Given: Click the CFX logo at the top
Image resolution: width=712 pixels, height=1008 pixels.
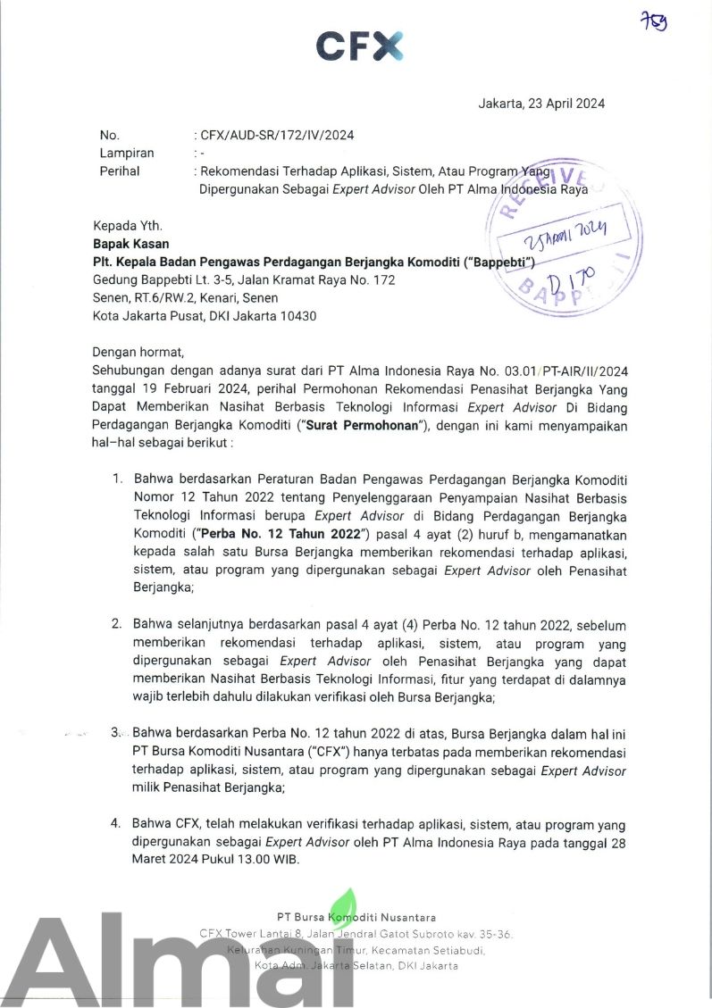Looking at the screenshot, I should click(359, 46).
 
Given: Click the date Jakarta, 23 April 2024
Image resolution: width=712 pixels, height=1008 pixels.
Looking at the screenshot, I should click(541, 104).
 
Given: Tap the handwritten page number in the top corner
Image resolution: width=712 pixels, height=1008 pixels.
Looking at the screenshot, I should click(655, 21).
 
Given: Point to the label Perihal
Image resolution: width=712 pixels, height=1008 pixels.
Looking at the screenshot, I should click(120, 171).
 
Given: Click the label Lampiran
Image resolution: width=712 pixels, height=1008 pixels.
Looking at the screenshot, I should click(126, 153).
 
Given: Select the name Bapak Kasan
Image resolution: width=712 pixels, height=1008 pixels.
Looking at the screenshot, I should click(130, 244).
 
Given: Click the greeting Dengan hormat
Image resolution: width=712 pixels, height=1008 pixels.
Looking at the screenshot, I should click(138, 352).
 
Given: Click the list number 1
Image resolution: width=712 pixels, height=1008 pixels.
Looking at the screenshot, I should click(116, 479).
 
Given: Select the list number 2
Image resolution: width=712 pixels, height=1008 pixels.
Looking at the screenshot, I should click(116, 623).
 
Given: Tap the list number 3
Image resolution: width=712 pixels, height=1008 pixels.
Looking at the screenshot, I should click(116, 732).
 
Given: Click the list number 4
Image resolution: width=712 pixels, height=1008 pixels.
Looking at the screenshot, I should click(116, 822).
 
